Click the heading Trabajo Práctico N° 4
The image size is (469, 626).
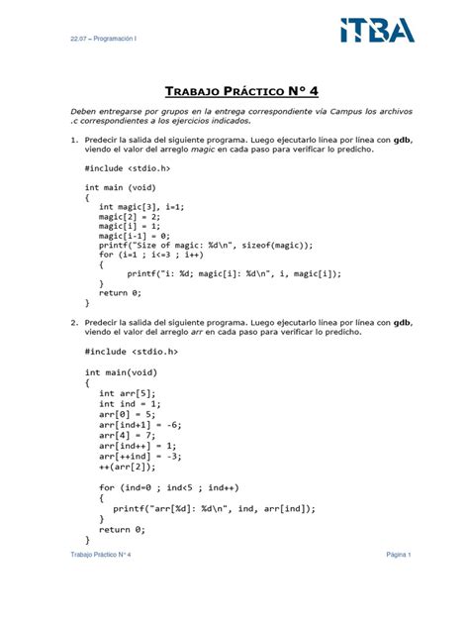click(234, 91)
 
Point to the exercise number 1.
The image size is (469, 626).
click(73, 140)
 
